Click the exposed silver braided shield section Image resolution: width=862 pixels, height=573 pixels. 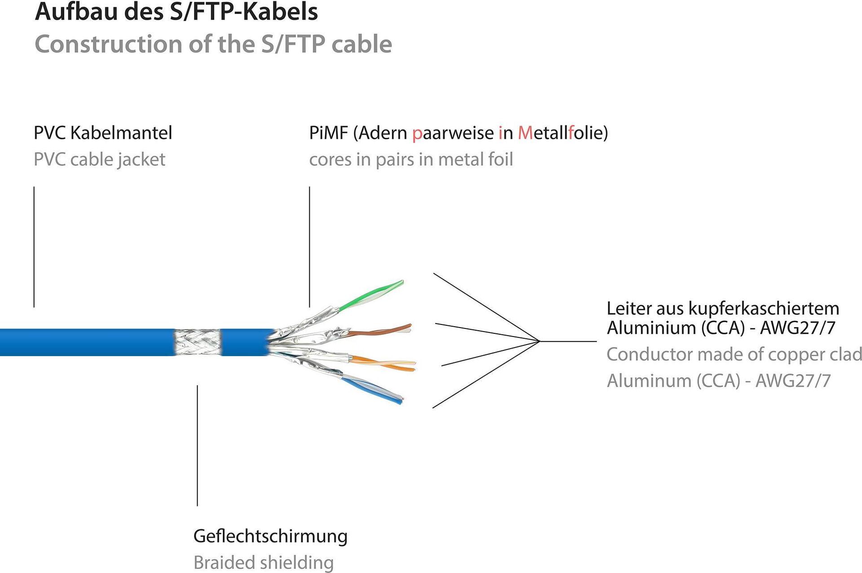(x=198, y=342)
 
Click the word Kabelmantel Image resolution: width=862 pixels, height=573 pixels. (x=121, y=133)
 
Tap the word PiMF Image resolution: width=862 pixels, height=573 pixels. (x=328, y=133)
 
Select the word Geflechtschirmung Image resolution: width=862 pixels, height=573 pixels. (x=270, y=536)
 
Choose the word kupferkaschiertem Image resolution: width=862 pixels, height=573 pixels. (x=764, y=309)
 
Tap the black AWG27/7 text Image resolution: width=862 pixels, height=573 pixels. (x=797, y=328)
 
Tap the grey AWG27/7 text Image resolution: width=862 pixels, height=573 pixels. (x=793, y=381)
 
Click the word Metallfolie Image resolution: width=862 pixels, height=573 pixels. (x=563, y=133)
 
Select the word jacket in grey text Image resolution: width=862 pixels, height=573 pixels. (x=141, y=160)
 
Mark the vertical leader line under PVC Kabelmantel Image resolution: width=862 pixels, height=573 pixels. (x=34, y=247)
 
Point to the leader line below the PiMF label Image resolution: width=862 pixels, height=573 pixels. (x=309, y=247)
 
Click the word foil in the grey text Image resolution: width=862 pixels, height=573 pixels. (x=500, y=160)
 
